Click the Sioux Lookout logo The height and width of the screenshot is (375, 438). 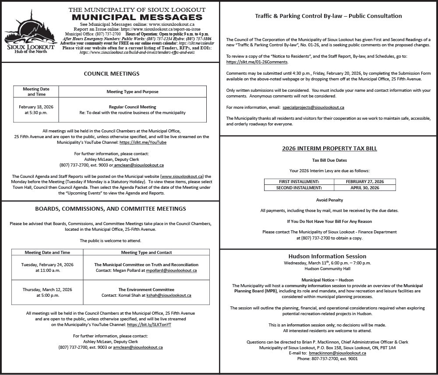(29, 31)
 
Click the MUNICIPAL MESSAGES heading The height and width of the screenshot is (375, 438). (137, 17)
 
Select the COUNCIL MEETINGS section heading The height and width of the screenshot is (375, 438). (112, 74)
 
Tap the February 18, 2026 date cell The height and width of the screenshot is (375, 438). (36, 109)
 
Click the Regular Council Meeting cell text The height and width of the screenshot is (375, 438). (132, 107)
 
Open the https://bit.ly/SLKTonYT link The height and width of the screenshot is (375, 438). (149, 325)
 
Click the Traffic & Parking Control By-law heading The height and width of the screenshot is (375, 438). (328, 16)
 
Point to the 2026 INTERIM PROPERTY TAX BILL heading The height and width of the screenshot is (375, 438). (329, 149)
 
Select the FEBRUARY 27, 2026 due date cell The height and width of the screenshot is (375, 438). (364, 181)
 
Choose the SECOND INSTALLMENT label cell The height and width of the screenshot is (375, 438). (299, 188)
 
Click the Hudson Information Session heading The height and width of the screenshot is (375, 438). (327, 256)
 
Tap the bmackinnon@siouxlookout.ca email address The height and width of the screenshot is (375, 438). (337, 353)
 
